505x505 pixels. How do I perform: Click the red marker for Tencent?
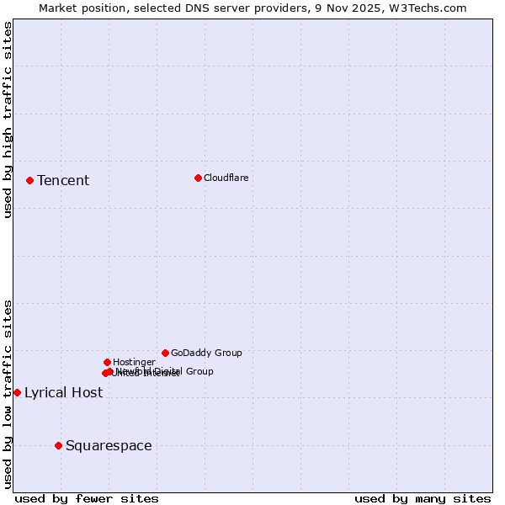[29, 180]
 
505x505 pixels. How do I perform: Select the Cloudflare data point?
[198, 178]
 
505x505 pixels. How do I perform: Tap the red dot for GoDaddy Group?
[165, 353]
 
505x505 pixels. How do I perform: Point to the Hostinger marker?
[107, 362]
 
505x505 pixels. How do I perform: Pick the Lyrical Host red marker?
[17, 392]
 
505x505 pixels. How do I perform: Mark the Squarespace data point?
[58, 445]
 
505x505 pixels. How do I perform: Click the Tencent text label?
[63, 180]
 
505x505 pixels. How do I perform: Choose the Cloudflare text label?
[226, 178]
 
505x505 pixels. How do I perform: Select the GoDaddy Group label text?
[206, 353]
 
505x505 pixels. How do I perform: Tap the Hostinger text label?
[134, 362]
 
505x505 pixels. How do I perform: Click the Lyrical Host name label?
[63, 392]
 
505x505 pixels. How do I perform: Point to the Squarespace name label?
[109, 445]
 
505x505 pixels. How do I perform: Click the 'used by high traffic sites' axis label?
[8, 120]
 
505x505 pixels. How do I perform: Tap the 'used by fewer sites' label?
[87, 498]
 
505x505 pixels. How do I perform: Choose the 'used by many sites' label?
[423, 498]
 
